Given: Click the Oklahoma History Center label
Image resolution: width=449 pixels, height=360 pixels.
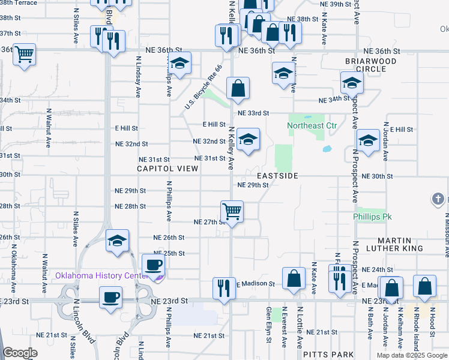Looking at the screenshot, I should (101, 276).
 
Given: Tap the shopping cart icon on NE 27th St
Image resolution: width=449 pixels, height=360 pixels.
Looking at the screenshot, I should (232, 211).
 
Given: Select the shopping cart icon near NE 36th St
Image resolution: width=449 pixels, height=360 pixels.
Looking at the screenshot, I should (25, 55).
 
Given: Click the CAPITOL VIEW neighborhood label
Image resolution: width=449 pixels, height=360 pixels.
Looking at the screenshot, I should (167, 169).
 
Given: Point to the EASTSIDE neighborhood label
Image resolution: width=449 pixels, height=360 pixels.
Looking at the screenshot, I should (277, 176).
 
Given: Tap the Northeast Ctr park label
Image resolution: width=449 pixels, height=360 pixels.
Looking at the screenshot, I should (312, 126).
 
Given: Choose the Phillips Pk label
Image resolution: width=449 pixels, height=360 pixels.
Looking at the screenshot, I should (372, 216).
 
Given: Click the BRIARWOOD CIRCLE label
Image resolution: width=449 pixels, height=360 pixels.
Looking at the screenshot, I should (370, 65).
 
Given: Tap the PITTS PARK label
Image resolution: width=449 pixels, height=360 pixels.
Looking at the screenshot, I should (325, 355).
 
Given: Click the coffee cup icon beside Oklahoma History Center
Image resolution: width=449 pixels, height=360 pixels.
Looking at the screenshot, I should (153, 265).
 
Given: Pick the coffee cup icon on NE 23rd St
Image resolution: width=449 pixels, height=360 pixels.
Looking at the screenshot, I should (111, 297).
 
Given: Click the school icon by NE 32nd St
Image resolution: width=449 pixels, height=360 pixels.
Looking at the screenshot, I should (248, 140).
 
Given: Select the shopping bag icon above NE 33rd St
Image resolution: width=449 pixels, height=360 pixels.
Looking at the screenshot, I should (238, 88).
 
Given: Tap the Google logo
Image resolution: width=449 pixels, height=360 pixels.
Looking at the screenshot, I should (20, 353).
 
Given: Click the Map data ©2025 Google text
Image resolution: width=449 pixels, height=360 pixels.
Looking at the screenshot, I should (411, 355).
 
